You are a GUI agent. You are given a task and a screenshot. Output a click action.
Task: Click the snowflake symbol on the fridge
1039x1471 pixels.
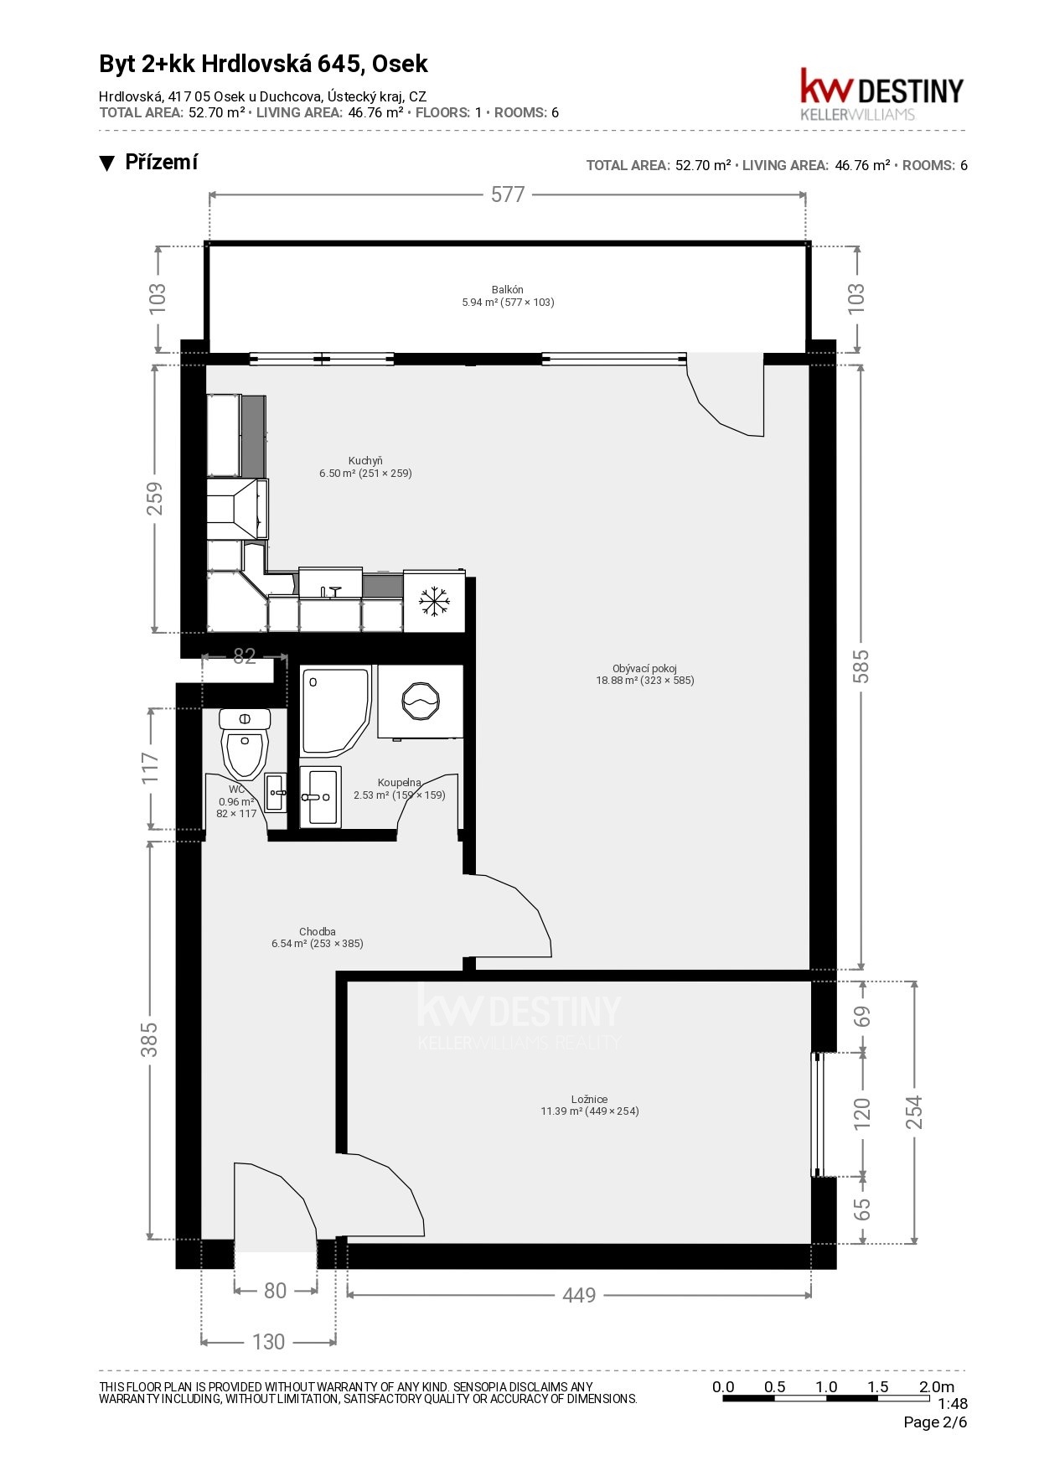coord(434,601)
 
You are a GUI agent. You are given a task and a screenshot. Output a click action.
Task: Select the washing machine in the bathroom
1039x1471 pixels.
coord(420,702)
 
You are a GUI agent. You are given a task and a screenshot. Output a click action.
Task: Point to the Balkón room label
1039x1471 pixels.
coord(508,296)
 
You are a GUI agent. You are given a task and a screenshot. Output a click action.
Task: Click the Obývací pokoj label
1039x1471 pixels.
coord(645,675)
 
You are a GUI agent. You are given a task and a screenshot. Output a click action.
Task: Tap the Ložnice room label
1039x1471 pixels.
coord(590,1105)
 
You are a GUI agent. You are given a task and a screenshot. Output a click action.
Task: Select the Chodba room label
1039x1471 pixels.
coord(318,937)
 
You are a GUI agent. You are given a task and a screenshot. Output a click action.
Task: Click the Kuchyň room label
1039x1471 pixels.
coord(365,467)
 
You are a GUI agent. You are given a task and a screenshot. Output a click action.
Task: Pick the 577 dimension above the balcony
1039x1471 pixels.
coord(508,194)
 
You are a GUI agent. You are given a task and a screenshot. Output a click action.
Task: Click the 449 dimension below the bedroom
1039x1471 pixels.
coord(579,1295)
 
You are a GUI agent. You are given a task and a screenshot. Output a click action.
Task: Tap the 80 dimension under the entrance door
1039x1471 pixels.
coord(276,1291)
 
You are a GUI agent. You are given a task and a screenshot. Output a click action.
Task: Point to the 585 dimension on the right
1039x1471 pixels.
coord(861,666)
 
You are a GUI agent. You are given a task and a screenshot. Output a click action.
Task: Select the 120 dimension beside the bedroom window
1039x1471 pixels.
coord(862,1114)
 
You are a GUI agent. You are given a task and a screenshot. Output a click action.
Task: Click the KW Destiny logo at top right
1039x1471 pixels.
coord(882,94)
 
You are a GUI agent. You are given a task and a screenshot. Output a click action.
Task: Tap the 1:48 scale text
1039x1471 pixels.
coord(953,1403)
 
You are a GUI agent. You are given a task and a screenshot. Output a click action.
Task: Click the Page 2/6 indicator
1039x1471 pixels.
coord(935,1422)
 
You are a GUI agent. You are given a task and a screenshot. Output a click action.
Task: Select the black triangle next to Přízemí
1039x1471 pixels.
coord(106,163)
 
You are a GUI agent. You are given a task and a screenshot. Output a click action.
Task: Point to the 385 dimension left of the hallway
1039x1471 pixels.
coord(149,1039)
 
